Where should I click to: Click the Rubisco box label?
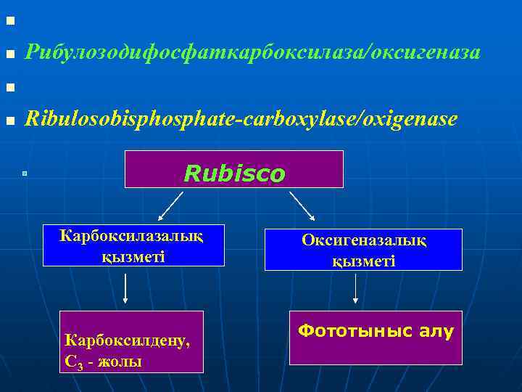click(234, 173)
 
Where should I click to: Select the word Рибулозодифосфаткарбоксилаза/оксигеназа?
click(252, 52)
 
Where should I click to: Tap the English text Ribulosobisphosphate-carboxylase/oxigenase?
click(241, 118)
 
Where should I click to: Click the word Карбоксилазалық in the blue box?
click(130, 236)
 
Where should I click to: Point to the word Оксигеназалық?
click(363, 242)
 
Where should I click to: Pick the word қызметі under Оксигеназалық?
click(363, 261)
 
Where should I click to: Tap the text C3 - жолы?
click(103, 361)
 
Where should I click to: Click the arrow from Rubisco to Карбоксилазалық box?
click(170, 205)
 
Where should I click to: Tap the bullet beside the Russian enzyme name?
click(9, 54)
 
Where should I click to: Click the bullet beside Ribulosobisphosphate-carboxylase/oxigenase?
click(9, 121)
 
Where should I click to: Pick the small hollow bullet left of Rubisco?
click(24, 173)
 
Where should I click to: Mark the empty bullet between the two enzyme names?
click(9, 88)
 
